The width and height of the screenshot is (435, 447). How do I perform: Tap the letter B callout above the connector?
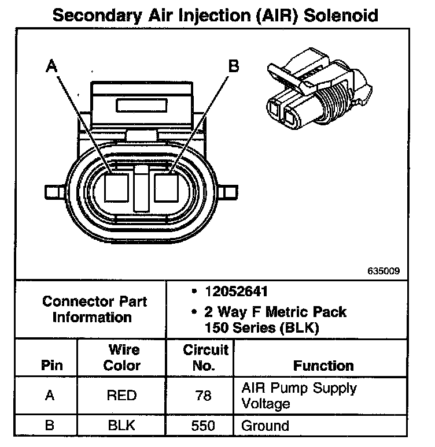(234, 66)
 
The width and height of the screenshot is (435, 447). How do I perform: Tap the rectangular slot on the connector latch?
(142, 106)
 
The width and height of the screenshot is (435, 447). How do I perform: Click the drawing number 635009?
(383, 270)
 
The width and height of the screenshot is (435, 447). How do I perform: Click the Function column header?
(323, 366)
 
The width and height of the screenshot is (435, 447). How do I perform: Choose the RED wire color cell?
(122, 396)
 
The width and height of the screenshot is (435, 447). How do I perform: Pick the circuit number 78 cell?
(204, 396)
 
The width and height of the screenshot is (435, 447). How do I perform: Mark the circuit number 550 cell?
(204, 426)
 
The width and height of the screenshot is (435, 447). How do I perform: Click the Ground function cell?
(265, 426)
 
